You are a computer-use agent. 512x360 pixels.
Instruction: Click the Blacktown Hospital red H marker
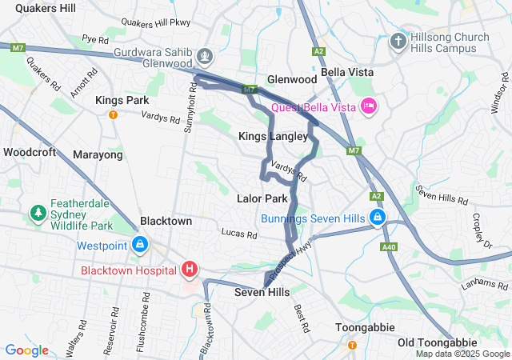(190, 269)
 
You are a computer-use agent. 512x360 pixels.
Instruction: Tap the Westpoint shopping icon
(140, 243)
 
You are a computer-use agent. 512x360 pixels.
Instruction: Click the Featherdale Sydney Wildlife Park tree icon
(37, 214)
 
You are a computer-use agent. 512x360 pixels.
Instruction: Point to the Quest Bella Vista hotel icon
(369, 106)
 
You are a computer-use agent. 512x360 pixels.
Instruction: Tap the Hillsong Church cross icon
(398, 41)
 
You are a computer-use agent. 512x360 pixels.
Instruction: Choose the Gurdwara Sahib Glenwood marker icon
(206, 56)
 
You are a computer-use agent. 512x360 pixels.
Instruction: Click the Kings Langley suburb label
(273, 137)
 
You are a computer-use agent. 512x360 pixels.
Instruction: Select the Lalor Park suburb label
(262, 198)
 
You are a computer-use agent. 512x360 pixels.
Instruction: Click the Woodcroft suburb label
(30, 151)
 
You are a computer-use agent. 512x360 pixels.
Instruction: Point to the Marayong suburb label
(98, 154)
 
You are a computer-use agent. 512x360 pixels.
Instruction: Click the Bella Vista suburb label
(348, 72)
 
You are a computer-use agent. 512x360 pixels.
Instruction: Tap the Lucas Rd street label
(239, 235)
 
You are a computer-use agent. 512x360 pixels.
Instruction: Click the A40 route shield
(390, 247)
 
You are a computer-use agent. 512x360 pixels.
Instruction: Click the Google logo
(27, 350)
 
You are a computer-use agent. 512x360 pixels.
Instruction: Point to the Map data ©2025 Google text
(462, 354)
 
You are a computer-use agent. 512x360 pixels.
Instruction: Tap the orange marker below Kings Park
(113, 114)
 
